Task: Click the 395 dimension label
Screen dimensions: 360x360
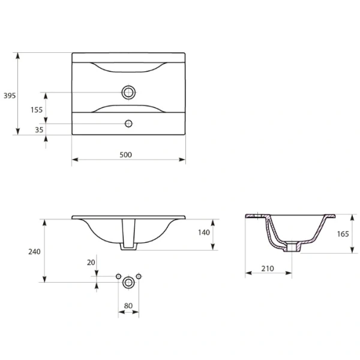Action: (x=10, y=95)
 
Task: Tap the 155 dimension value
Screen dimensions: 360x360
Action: (x=37, y=110)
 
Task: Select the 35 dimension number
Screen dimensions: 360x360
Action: (x=39, y=130)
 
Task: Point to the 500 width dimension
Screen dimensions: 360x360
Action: (x=126, y=155)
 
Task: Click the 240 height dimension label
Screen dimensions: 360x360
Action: (x=34, y=251)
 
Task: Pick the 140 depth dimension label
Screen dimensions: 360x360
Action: (x=204, y=232)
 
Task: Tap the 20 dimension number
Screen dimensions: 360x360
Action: (x=91, y=262)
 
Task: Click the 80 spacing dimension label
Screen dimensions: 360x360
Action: (x=128, y=305)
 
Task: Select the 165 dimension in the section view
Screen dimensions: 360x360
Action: (x=343, y=234)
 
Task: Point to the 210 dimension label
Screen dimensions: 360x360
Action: (x=268, y=268)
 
